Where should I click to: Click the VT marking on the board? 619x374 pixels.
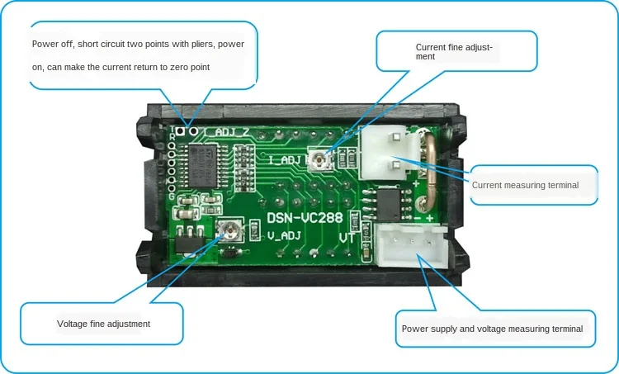pyautogui.click(x=348, y=237)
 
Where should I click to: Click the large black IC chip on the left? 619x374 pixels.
pyautogui.click(x=201, y=166)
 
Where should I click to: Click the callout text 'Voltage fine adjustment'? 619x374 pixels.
pyautogui.click(x=103, y=324)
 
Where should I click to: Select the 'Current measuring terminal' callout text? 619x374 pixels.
pyautogui.click(x=525, y=185)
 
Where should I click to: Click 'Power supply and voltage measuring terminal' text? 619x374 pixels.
pyautogui.click(x=493, y=329)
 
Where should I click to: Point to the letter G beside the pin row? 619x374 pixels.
pyautogui.click(x=172, y=196)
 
